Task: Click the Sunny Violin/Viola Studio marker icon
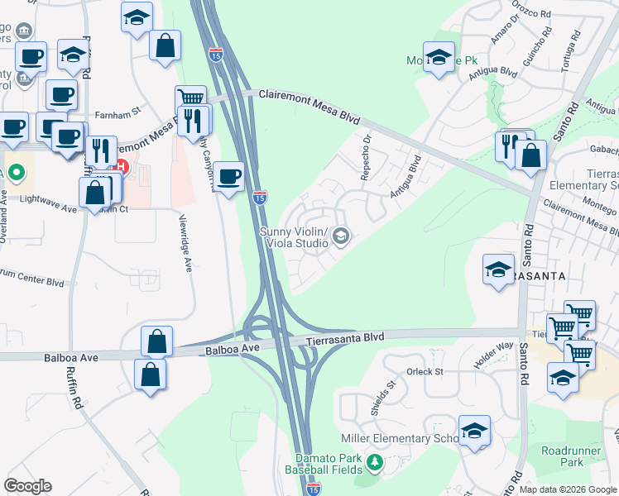[x=339, y=238]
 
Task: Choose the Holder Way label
[x=493, y=355]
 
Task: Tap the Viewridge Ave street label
[x=187, y=246]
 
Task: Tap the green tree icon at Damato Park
[x=374, y=460]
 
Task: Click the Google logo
[x=27, y=486]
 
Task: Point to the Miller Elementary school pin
[x=475, y=431]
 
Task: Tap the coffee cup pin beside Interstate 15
[x=229, y=175]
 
